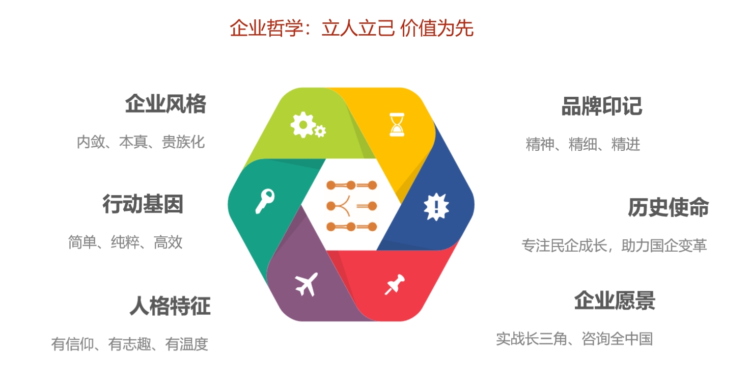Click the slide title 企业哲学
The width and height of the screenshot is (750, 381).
click(266, 28)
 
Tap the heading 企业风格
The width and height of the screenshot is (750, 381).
click(166, 104)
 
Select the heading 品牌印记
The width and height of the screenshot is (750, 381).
click(602, 106)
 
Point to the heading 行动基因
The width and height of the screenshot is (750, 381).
click(143, 204)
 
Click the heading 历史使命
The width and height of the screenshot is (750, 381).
click(669, 207)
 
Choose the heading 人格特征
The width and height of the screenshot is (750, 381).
click(170, 306)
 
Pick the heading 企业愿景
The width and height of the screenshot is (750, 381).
click(615, 301)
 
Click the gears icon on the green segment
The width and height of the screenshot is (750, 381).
click(308, 125)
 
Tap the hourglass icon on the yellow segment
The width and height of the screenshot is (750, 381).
click(397, 125)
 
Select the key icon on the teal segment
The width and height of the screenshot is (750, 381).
click(265, 201)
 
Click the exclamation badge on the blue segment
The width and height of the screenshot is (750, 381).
click(436, 207)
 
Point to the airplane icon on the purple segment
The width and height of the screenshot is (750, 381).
click(307, 284)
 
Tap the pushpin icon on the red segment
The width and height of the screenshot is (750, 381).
click(395, 284)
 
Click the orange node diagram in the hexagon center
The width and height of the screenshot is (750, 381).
click(351, 206)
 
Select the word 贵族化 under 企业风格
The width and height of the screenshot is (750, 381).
click(183, 142)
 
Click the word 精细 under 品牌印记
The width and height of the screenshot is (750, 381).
click(582, 145)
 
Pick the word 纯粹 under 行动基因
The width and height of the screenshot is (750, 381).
click(125, 242)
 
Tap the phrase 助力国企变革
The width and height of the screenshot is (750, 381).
click(664, 246)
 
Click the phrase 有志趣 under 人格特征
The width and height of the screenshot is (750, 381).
click(129, 344)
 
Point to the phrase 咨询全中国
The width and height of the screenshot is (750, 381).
click(618, 339)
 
